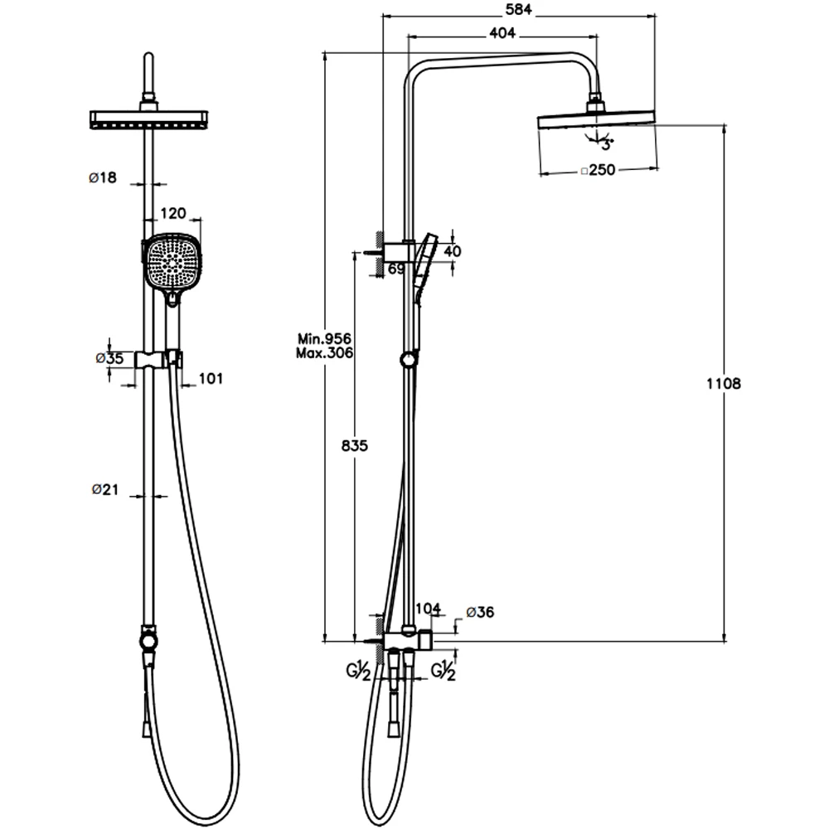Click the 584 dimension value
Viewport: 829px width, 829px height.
[x=518, y=9]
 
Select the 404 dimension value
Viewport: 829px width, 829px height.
[x=502, y=33]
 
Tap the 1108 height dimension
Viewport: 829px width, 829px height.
[x=723, y=383]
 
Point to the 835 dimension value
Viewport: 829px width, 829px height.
[x=354, y=446]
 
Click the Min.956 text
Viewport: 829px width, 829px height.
[x=324, y=338]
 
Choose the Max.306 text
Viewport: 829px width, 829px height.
[x=324, y=352]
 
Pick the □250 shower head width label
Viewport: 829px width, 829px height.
[x=598, y=170]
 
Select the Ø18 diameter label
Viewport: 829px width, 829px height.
[x=103, y=177]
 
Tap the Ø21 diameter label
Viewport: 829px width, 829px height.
[x=104, y=490]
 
